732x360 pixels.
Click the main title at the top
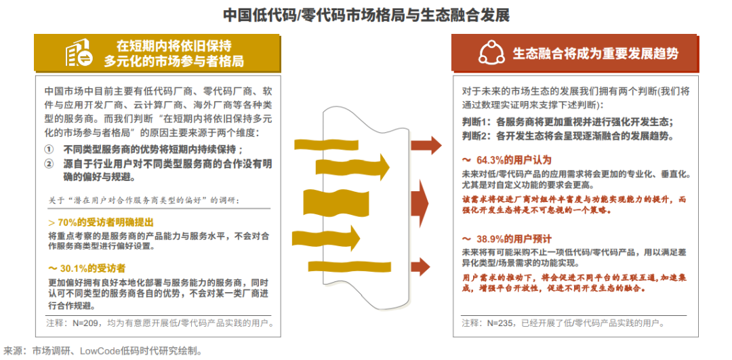366,14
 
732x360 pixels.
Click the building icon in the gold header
79,54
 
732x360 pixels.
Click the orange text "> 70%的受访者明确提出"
101,222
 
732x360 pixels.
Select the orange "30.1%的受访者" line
91,268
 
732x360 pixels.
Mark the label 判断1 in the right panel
476,122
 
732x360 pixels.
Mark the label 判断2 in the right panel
476,136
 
